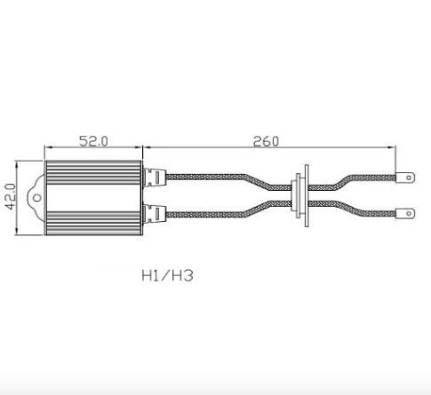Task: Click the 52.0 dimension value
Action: (x=93, y=141)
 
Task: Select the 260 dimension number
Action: (x=266, y=141)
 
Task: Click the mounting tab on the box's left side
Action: (x=38, y=194)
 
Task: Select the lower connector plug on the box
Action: (x=154, y=213)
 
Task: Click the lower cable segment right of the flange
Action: (x=355, y=212)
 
